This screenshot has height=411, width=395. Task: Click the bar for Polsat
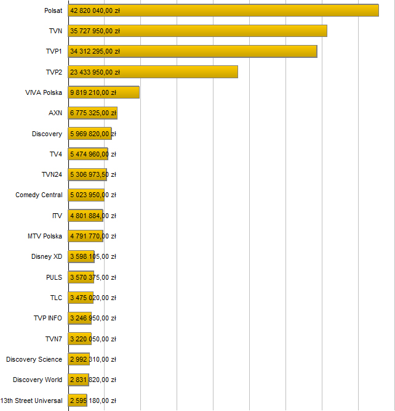(x=246, y=10)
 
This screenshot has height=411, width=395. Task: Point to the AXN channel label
(x=55, y=113)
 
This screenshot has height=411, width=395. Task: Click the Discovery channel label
(x=47, y=134)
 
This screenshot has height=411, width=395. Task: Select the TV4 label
(x=56, y=154)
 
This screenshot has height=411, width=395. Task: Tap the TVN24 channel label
(x=52, y=174)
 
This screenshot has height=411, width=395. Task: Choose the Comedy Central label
(x=39, y=195)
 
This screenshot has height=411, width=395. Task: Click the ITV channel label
(x=57, y=216)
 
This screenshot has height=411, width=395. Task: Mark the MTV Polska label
(x=45, y=236)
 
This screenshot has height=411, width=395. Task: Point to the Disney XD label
(x=47, y=256)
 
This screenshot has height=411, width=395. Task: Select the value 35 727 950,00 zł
(x=95, y=31)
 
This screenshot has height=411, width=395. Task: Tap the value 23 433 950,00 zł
(x=95, y=72)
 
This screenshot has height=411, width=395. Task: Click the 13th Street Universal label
(x=31, y=401)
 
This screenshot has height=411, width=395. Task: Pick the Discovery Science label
(x=34, y=359)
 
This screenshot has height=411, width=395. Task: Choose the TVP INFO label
(x=48, y=318)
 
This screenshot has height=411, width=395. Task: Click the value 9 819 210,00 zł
(x=93, y=92)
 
